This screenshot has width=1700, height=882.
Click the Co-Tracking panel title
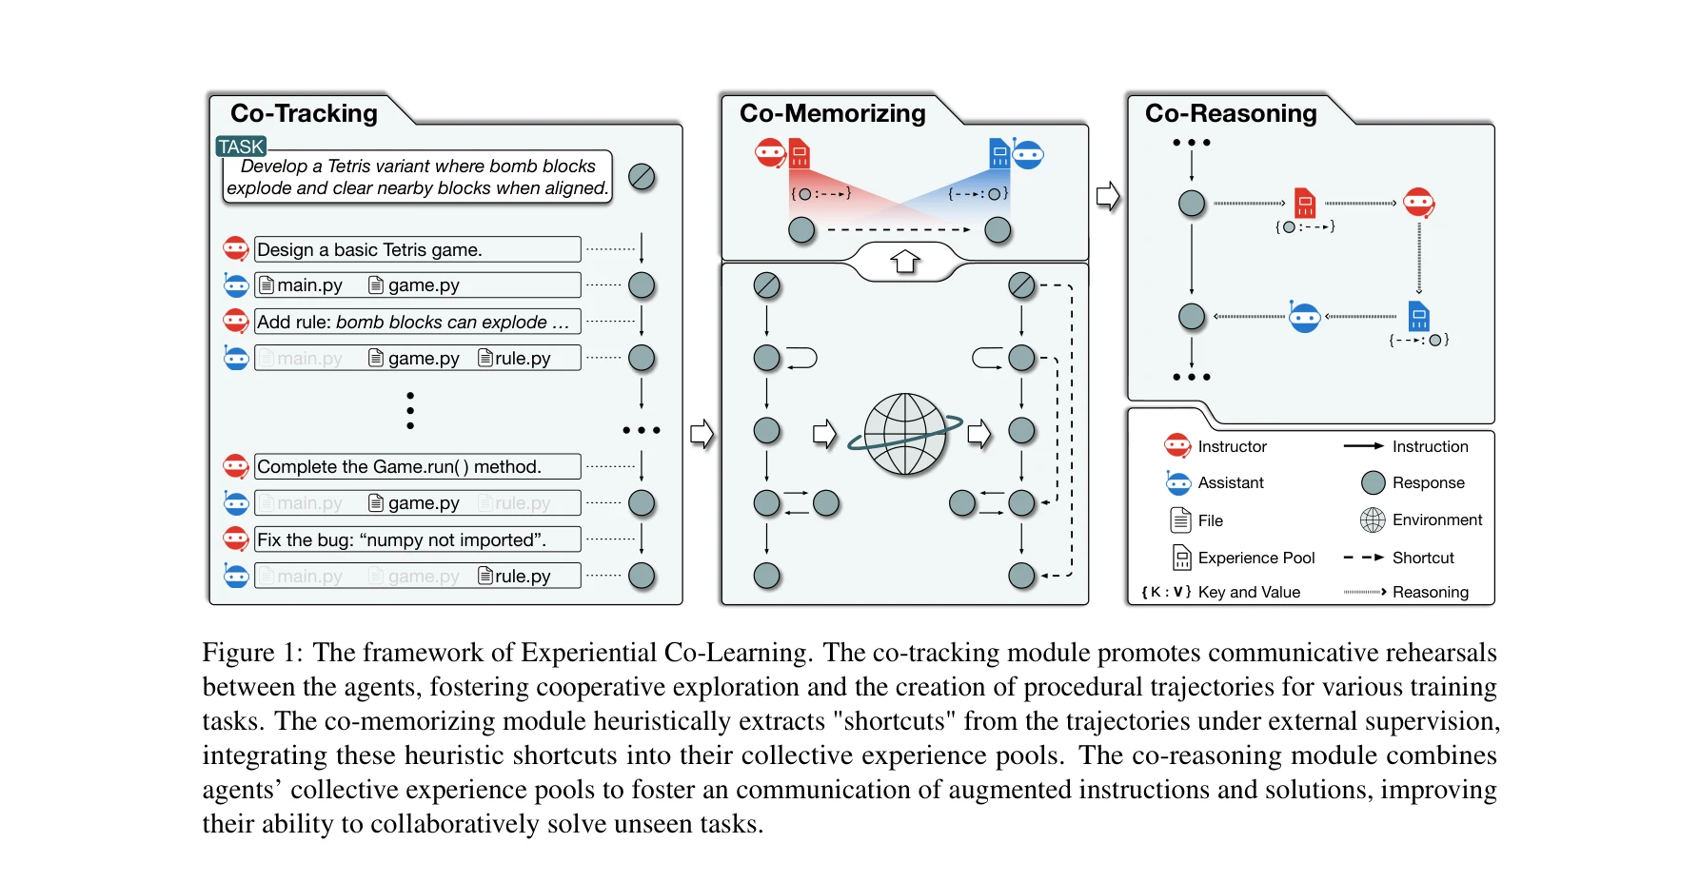(x=304, y=113)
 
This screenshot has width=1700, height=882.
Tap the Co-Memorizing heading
(x=832, y=113)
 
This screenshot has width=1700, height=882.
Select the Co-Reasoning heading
(x=1230, y=113)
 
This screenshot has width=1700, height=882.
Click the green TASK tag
(x=241, y=147)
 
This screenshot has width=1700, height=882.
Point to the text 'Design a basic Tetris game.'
(x=369, y=250)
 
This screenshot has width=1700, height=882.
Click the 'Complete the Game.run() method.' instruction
(x=399, y=467)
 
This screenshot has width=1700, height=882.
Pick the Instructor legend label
(x=1232, y=446)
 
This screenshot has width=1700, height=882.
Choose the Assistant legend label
(x=1230, y=483)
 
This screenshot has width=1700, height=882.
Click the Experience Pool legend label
(x=1255, y=558)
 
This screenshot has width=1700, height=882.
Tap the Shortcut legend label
(x=1423, y=558)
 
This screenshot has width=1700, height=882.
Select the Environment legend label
(x=1436, y=520)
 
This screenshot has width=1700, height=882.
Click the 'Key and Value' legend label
(x=1248, y=592)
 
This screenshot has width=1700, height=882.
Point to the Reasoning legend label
(x=1430, y=592)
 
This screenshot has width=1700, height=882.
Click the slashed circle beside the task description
(x=642, y=177)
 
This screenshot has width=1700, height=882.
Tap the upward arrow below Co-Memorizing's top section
(x=904, y=261)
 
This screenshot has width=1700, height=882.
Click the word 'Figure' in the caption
(x=238, y=653)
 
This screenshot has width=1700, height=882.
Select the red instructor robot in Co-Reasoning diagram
(x=1418, y=203)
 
